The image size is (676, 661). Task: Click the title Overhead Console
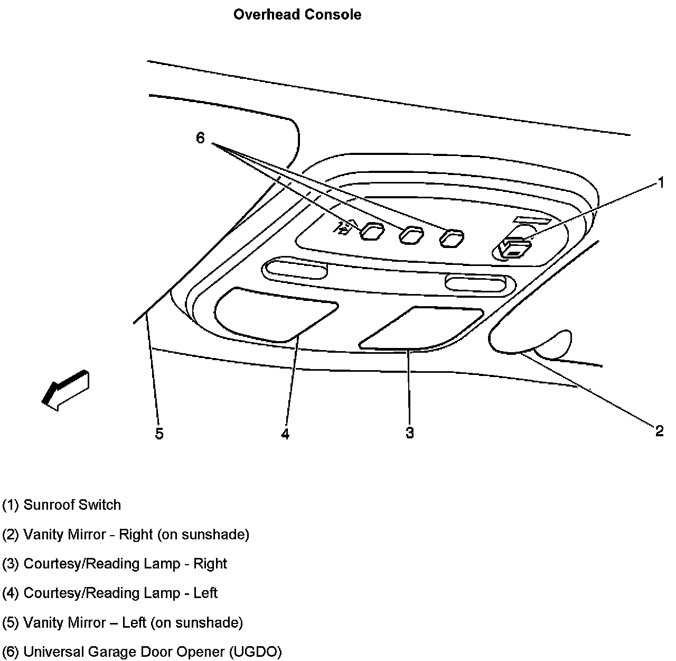(x=297, y=15)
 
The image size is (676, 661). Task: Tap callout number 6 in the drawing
(x=200, y=138)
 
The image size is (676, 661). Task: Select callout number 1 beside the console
(x=660, y=182)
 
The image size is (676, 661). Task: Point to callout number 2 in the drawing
(x=659, y=431)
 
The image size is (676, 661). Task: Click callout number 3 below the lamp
(x=409, y=433)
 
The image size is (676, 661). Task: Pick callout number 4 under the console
(x=285, y=434)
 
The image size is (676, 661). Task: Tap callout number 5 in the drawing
(x=159, y=434)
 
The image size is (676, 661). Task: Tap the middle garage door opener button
(x=411, y=235)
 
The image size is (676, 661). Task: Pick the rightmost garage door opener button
(x=452, y=238)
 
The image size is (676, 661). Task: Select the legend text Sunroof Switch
(x=72, y=505)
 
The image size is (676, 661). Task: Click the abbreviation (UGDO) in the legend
(x=256, y=651)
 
